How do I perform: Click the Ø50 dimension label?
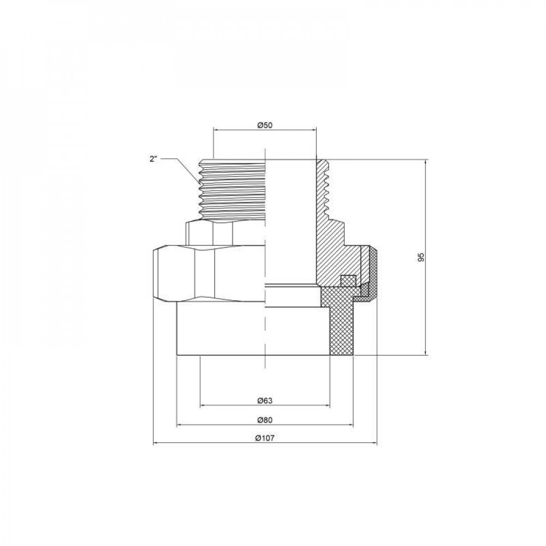(x=265, y=125)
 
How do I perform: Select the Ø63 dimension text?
(x=265, y=401)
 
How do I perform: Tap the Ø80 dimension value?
(x=265, y=420)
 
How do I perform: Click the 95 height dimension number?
(x=421, y=257)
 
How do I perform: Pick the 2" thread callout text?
(x=153, y=159)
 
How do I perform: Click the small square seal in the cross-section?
(x=347, y=281)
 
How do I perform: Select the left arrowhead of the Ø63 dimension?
(x=203, y=406)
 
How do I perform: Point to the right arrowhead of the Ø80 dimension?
(x=351, y=425)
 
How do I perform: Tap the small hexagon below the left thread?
(x=210, y=234)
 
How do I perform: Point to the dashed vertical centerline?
(x=265, y=218)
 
